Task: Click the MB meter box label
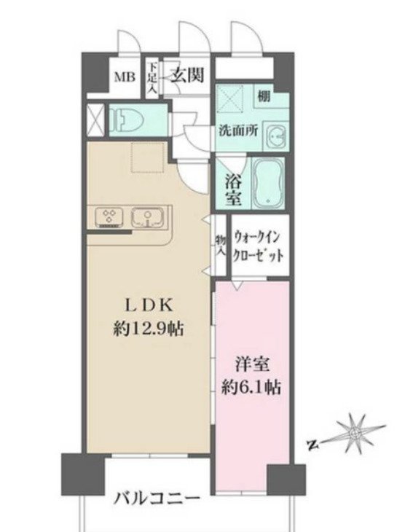122,76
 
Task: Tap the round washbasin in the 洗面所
276,136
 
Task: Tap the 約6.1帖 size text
251,386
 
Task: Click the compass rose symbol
355,431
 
